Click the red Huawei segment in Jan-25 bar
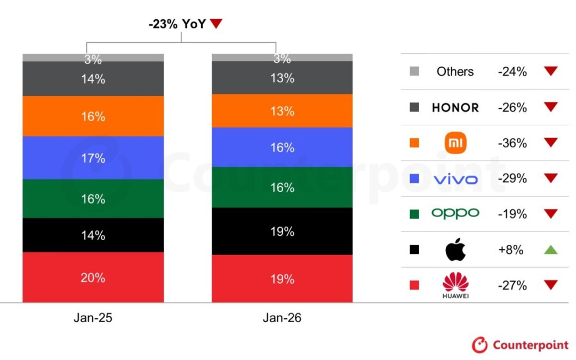click(x=93, y=277)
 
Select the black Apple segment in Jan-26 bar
click(x=282, y=231)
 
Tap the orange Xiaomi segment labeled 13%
click(x=282, y=111)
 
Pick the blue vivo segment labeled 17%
click(x=93, y=158)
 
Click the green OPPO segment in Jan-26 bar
click(x=282, y=187)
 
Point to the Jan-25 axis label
click(x=93, y=318)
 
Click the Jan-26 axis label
click(x=282, y=318)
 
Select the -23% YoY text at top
click(x=177, y=23)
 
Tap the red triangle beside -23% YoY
click(x=215, y=23)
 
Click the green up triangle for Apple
click(x=550, y=250)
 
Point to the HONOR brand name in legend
click(x=455, y=108)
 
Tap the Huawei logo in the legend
click(x=455, y=285)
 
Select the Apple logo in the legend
click(x=455, y=249)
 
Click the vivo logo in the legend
click(x=455, y=179)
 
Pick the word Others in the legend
click(x=455, y=71)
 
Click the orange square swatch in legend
click(x=414, y=143)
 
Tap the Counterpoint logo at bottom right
click(x=520, y=345)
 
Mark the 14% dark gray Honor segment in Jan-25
click(x=93, y=79)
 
